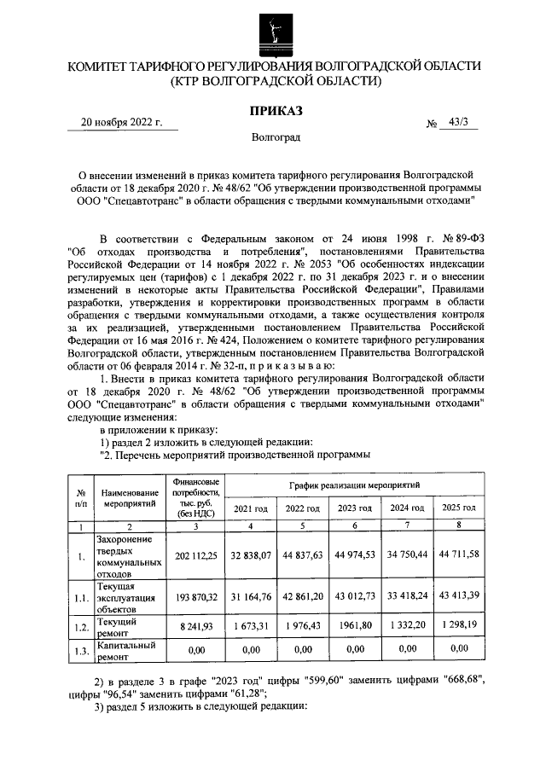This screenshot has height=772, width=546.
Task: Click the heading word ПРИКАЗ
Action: [x=275, y=110]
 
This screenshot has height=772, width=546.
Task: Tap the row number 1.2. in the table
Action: [x=80, y=629]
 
